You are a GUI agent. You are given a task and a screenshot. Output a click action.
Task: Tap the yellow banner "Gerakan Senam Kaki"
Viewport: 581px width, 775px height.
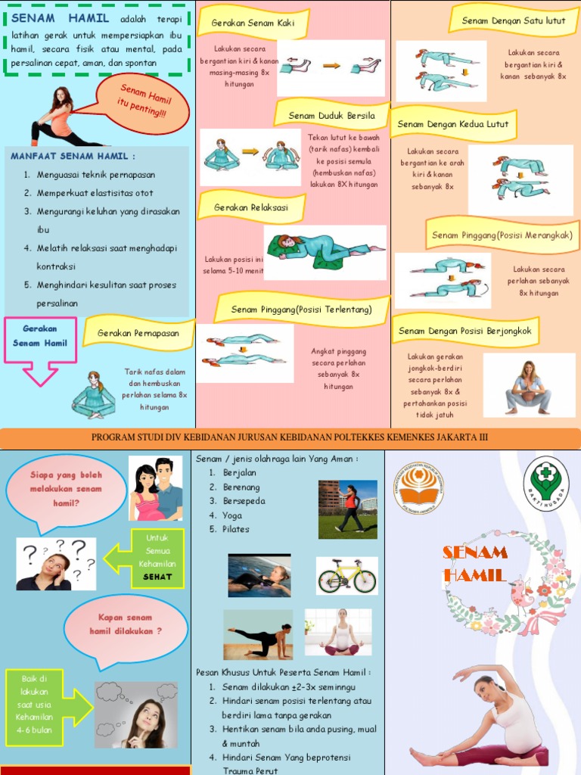(x=253, y=23)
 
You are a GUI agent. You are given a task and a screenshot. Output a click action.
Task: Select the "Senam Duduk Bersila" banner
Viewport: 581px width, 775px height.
(x=331, y=116)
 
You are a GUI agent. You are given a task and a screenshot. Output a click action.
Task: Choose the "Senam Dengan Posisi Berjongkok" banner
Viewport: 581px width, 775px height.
(x=464, y=331)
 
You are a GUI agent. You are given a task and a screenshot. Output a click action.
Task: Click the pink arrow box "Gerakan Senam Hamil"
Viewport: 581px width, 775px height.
(x=40, y=338)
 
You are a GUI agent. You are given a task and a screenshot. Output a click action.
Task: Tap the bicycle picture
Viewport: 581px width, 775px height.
(x=346, y=577)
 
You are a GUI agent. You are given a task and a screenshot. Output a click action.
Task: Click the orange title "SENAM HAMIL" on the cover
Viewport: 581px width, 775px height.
(x=475, y=564)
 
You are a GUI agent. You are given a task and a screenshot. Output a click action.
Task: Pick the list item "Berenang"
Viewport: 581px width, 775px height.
(x=241, y=487)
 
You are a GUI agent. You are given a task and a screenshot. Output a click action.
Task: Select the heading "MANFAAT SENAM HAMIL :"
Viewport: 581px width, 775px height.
(x=73, y=156)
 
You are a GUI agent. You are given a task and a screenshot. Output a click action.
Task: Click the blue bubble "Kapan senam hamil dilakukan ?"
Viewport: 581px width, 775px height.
(x=126, y=625)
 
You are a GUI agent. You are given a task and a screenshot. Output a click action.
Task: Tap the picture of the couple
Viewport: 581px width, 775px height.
(x=156, y=488)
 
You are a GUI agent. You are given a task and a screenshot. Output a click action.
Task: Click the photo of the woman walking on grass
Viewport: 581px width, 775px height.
(x=347, y=509)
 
